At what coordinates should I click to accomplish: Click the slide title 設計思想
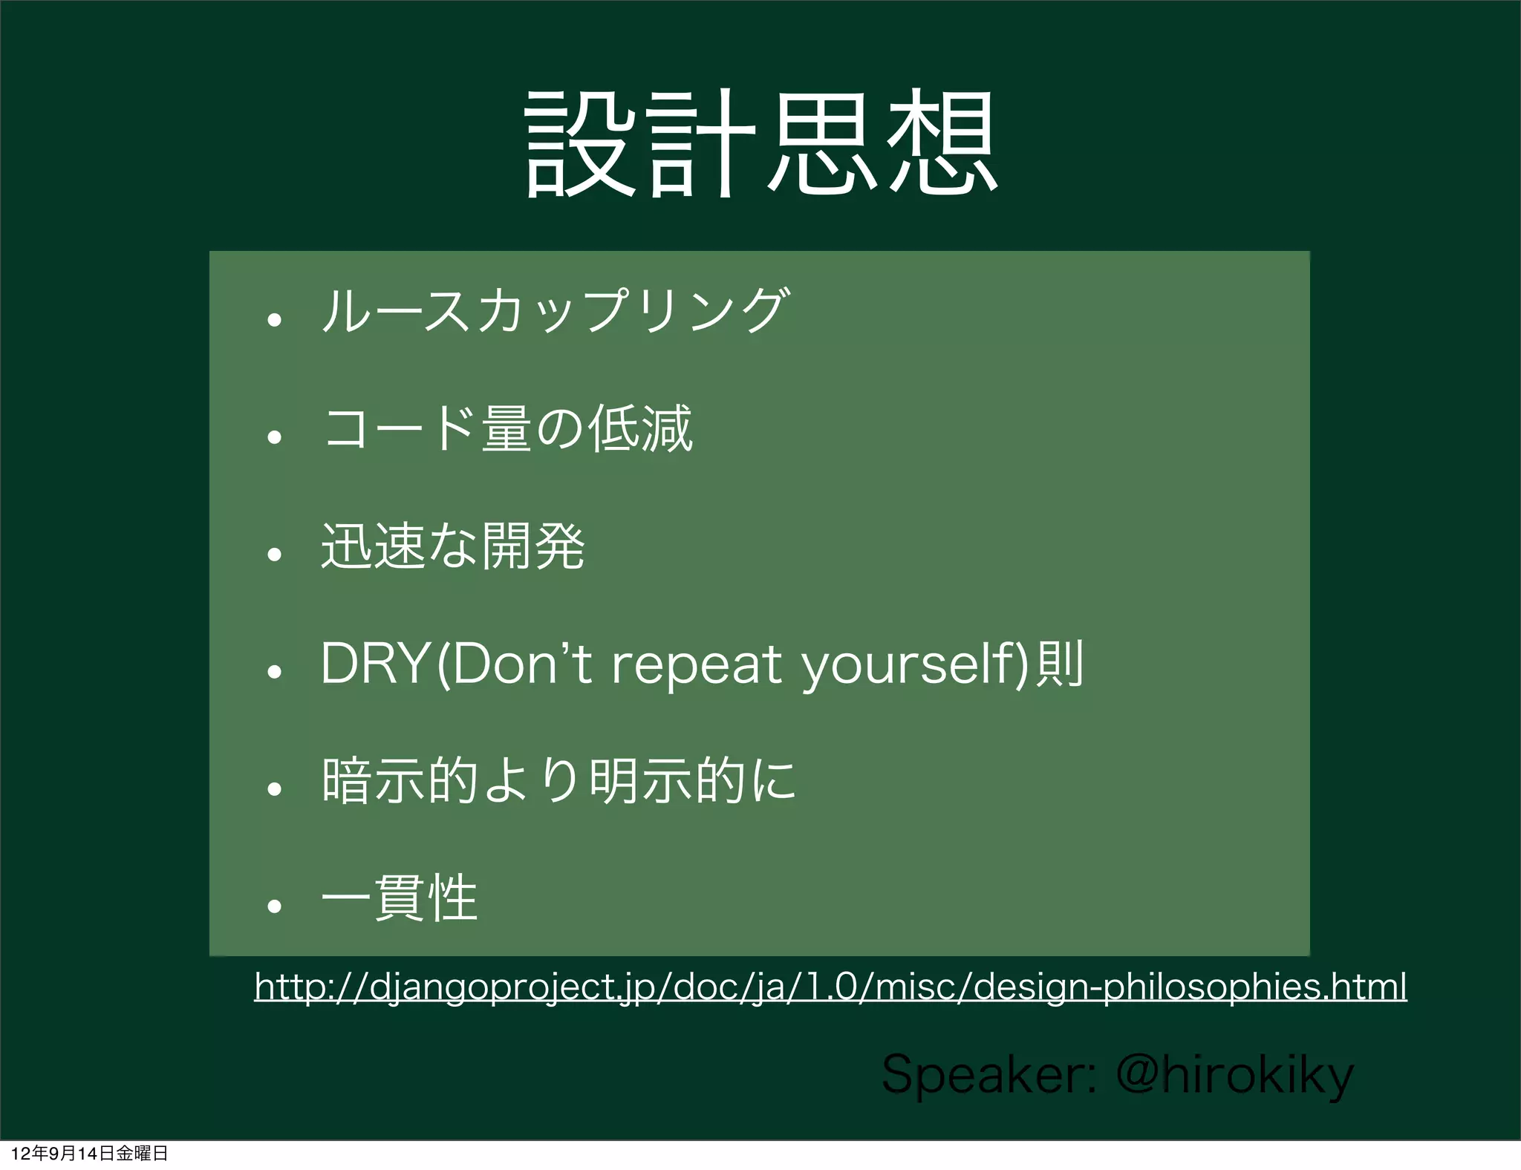(x=760, y=143)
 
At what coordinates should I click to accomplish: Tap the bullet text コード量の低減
(x=508, y=428)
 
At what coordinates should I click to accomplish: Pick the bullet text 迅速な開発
(x=453, y=546)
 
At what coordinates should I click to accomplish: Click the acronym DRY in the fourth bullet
(x=375, y=664)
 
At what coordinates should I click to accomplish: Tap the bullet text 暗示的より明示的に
(x=558, y=781)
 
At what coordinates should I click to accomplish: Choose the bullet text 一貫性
(x=400, y=898)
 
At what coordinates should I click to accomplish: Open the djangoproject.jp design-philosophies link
(x=830, y=987)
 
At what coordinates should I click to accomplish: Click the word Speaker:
(x=989, y=1074)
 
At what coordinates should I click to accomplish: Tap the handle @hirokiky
(x=1235, y=1076)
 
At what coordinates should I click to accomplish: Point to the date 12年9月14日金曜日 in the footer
(x=90, y=1153)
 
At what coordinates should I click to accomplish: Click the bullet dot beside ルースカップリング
(x=275, y=320)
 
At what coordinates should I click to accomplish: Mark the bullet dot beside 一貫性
(x=275, y=906)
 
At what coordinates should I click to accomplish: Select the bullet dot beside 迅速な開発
(x=275, y=554)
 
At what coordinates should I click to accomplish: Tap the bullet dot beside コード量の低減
(x=275, y=437)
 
